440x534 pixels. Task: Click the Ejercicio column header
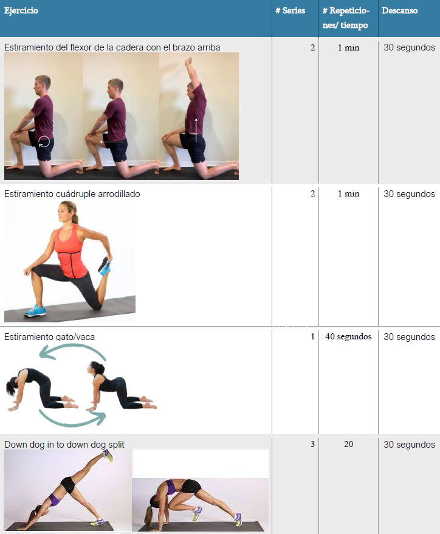21,10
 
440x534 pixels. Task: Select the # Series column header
290,10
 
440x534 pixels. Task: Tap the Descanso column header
399,10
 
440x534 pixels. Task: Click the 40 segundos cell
348,337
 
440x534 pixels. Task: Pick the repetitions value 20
348,444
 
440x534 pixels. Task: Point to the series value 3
312,444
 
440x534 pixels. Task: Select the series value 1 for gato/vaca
312,337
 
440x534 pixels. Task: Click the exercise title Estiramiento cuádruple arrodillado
72,194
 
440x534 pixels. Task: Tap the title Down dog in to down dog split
64,445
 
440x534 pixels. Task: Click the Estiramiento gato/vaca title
49,337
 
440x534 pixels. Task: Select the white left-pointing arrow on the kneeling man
111,142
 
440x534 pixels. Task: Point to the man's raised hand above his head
188,61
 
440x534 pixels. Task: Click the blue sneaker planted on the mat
35,311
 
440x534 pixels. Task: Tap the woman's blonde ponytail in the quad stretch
74,215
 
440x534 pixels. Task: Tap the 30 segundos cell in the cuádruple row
409,194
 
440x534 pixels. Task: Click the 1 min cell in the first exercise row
348,47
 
